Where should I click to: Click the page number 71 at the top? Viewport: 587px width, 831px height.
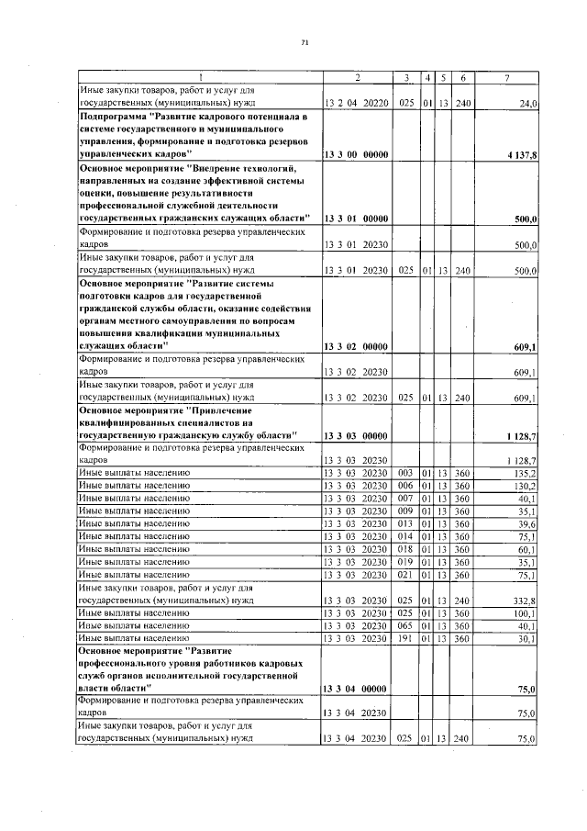coord(305,42)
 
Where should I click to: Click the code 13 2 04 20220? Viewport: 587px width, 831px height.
coord(357,103)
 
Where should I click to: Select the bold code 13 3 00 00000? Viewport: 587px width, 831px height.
coord(357,155)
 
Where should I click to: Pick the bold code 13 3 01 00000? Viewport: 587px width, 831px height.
coord(357,219)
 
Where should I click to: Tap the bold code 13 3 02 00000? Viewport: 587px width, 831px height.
coord(357,346)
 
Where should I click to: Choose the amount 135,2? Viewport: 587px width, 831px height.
coord(526,473)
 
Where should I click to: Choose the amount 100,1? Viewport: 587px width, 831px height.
coord(526,612)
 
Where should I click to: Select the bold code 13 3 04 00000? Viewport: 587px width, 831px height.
coord(357,688)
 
